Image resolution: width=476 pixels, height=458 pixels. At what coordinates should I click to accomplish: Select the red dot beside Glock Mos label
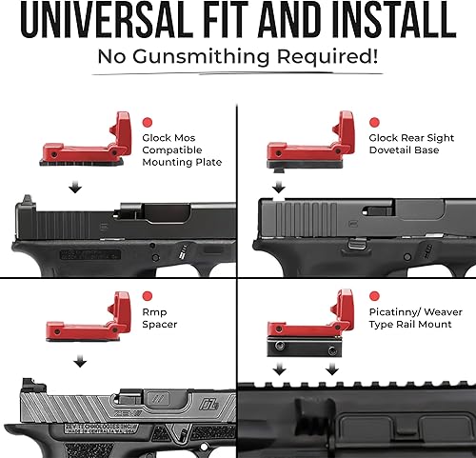(x=148, y=123)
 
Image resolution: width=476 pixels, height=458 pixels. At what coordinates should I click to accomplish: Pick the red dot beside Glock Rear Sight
(x=374, y=123)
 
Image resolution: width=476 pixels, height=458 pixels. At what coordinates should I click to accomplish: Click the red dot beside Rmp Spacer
(x=148, y=296)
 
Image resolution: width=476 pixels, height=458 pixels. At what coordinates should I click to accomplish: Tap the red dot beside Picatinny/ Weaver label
(x=374, y=296)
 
